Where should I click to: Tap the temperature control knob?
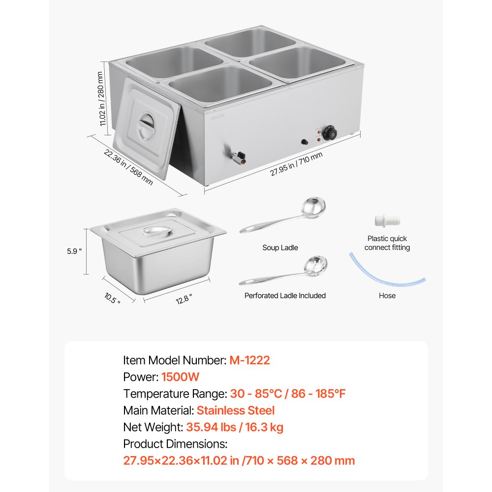[333, 132]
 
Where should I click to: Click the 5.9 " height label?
[73, 251]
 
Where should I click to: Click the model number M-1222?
[249, 360]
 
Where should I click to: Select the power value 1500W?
[180, 377]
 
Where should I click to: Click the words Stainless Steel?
[236, 410]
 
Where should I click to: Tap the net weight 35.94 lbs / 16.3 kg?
[234, 427]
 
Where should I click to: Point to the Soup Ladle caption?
[280, 248]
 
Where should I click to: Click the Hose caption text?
[387, 296]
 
